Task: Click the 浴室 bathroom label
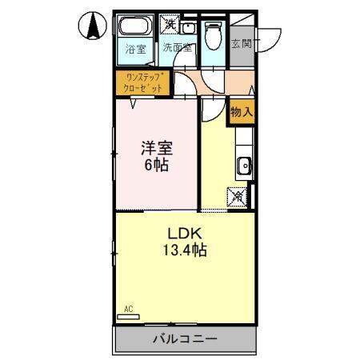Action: pyautogui.click(x=135, y=48)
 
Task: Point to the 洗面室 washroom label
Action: pyautogui.click(x=178, y=48)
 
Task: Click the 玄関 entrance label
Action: pyautogui.click(x=242, y=45)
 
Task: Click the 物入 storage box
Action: pyautogui.click(x=241, y=113)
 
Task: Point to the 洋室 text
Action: pyautogui.click(x=157, y=148)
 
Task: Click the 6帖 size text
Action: pyautogui.click(x=157, y=166)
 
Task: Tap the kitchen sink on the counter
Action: pyautogui.click(x=244, y=167)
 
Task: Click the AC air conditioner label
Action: pyautogui.click(x=128, y=308)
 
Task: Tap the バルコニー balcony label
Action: pyautogui.click(x=185, y=339)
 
